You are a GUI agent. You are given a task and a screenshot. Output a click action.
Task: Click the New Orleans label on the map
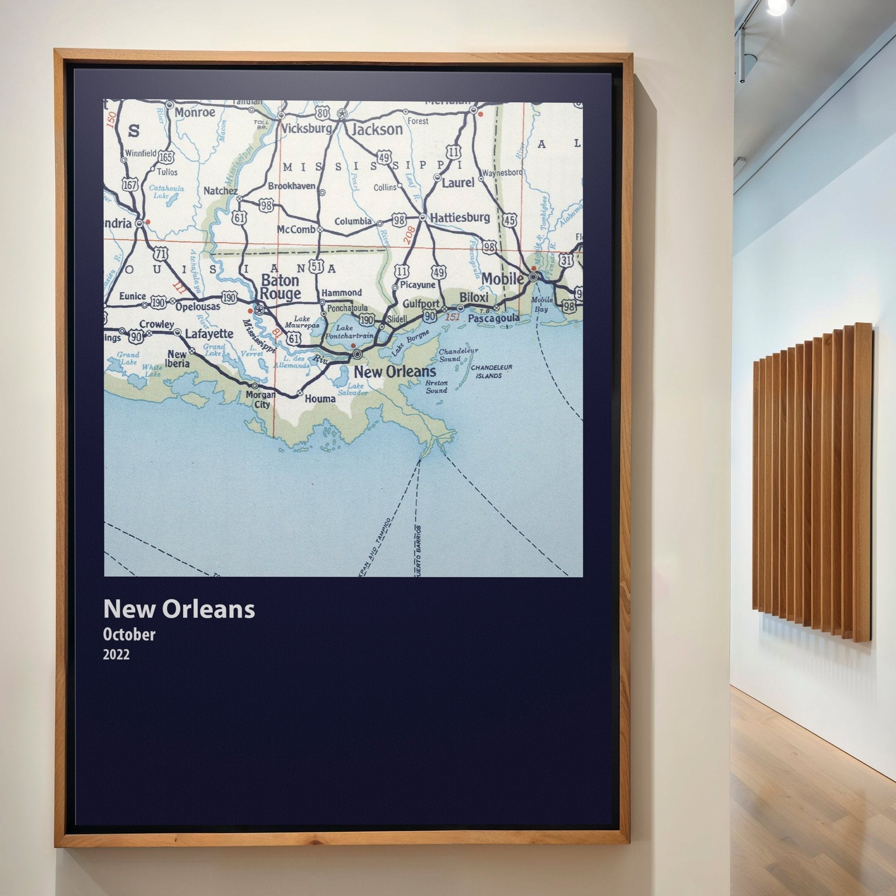click(395, 371)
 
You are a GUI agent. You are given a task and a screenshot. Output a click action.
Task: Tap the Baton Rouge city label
click(280, 287)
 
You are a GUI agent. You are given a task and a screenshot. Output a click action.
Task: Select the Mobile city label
click(503, 279)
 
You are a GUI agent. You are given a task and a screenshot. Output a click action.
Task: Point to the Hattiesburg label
click(460, 217)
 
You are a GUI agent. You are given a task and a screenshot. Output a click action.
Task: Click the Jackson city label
click(377, 129)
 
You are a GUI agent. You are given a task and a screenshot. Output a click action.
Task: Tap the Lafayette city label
click(209, 333)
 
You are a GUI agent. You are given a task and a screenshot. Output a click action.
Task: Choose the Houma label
click(320, 399)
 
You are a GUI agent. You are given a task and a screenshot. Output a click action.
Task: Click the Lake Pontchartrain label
click(345, 331)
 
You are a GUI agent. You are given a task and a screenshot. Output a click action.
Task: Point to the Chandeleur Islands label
click(491, 371)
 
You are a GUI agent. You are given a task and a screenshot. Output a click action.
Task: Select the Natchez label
click(220, 191)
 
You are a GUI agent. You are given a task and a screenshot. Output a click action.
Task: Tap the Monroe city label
click(195, 112)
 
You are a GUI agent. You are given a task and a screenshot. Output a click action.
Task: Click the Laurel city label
click(458, 182)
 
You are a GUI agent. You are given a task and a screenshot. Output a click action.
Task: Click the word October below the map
click(129, 634)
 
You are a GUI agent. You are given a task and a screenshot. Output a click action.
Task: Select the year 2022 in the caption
click(116, 655)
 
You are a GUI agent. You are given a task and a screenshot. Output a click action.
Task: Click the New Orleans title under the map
click(179, 609)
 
